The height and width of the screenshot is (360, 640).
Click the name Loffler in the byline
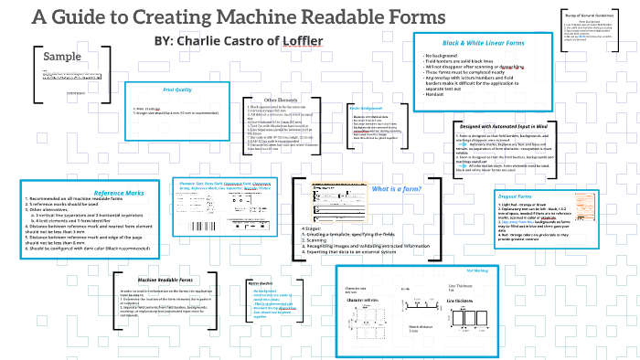click(x=307, y=41)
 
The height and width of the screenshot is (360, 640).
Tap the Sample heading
click(x=62, y=58)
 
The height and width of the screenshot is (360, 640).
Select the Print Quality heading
click(x=177, y=90)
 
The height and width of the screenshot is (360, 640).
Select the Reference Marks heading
click(x=119, y=192)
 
